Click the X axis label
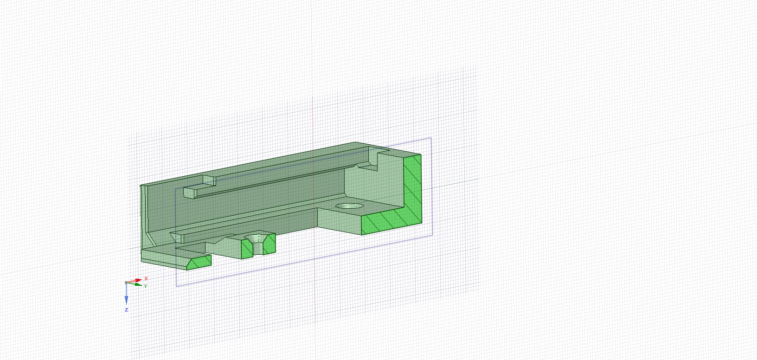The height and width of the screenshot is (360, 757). click(146, 278)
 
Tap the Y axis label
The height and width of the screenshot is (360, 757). click(146, 286)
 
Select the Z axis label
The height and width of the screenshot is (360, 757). click(126, 309)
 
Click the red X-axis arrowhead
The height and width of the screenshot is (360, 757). click(138, 280)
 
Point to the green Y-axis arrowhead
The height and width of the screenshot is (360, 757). click(138, 285)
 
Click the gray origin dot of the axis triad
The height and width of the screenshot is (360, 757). click(126, 282)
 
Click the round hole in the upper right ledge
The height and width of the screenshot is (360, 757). click(349, 206)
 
